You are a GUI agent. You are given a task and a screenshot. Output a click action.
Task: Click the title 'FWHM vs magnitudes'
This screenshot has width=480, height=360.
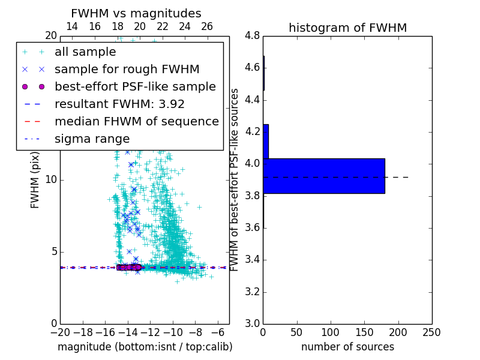coord(136,13)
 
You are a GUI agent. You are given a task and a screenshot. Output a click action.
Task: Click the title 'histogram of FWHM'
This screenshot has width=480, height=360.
coord(347,28)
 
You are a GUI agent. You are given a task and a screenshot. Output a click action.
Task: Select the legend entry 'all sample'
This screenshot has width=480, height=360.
coord(85,52)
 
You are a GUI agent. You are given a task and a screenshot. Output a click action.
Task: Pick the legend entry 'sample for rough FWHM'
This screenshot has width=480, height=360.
coord(127,70)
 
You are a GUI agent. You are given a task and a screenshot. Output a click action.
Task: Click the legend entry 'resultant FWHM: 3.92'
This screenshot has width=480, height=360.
coord(119,104)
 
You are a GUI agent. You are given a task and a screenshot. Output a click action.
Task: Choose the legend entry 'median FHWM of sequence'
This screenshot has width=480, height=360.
coord(136,122)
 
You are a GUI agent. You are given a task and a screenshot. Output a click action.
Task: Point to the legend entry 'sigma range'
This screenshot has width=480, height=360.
coord(92,139)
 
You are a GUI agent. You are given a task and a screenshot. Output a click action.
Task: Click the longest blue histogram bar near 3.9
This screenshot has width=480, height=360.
coord(323,176)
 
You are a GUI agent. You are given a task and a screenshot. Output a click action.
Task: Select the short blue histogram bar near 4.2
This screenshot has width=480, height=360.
coord(266,141)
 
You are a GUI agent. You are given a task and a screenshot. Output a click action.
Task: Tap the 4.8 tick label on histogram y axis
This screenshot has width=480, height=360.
coord(253,35)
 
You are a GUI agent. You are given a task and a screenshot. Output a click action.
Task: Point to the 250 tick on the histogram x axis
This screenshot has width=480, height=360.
coord(431,332)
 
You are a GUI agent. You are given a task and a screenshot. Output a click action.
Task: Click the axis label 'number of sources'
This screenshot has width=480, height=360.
coord(347,347)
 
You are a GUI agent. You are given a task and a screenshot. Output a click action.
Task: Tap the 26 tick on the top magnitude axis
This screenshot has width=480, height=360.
coord(207,26)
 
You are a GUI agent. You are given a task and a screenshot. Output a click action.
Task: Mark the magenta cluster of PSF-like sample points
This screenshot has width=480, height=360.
coord(129,267)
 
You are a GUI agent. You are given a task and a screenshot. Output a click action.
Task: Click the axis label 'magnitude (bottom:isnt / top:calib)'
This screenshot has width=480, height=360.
coord(145,347)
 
